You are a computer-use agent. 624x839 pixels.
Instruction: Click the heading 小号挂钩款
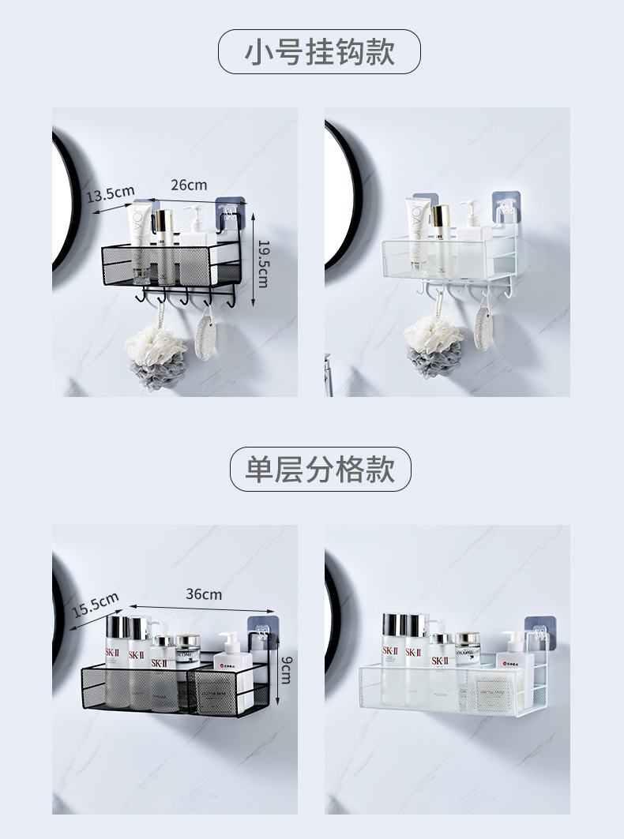coord(319,52)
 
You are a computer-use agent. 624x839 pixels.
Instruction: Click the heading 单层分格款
coord(320,470)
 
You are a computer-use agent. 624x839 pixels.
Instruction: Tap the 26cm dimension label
coord(189,185)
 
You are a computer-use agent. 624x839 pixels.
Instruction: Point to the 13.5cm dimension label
coord(111,193)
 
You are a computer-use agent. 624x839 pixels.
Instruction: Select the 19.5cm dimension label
coord(263,264)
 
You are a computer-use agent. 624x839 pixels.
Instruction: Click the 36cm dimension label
coord(204,594)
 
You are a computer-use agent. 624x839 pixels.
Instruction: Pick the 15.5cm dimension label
coord(96,605)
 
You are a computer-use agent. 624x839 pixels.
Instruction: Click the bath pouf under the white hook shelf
coord(433,346)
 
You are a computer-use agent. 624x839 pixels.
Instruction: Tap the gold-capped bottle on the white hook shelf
coord(440,229)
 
